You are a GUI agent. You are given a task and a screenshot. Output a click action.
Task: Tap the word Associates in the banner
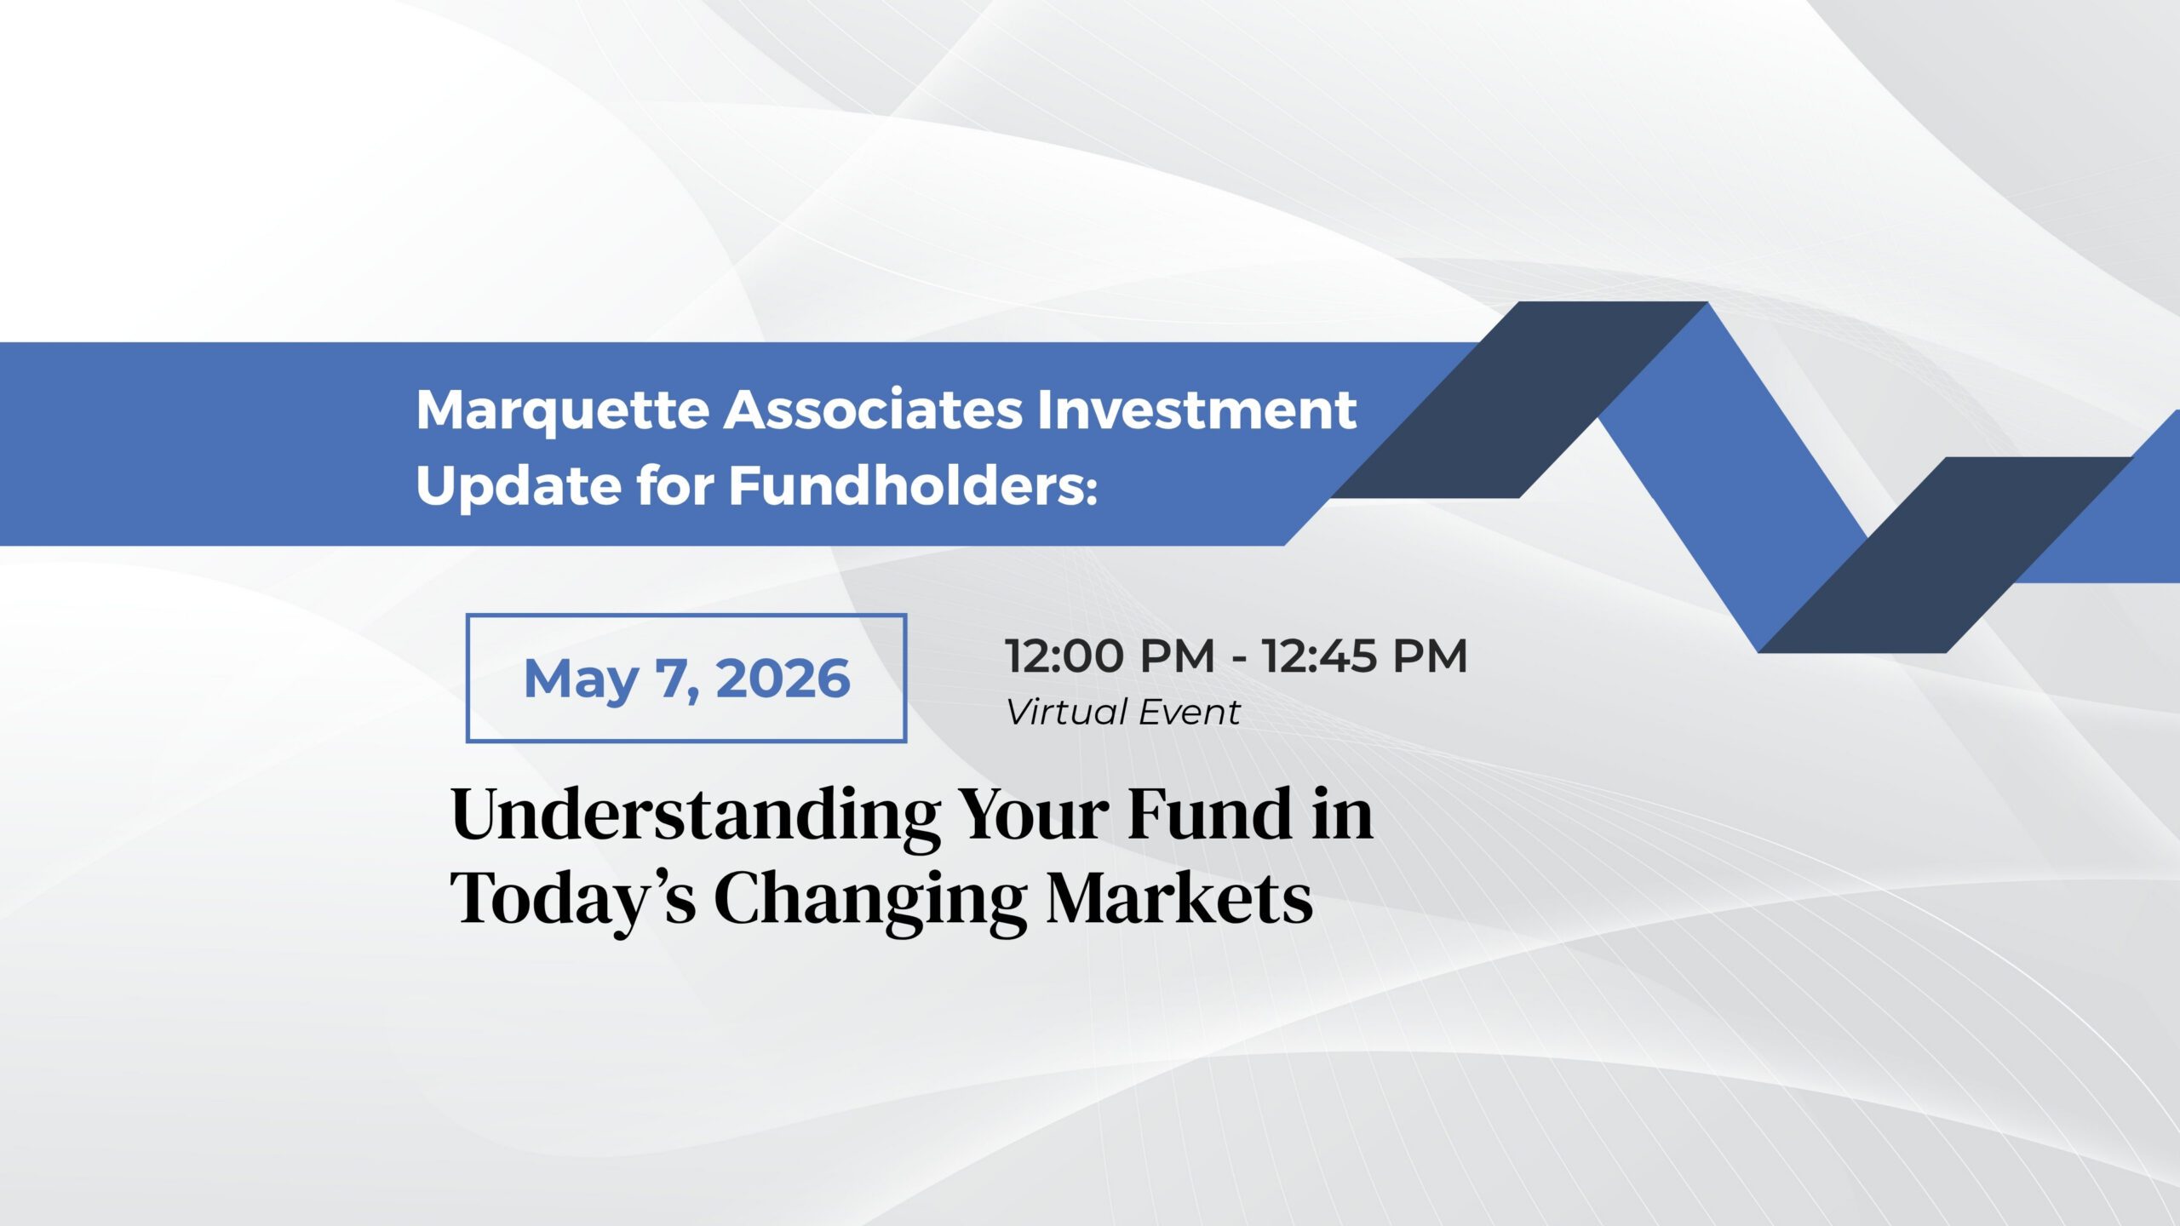point(874,410)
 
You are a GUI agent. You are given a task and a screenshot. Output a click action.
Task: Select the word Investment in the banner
point(1196,410)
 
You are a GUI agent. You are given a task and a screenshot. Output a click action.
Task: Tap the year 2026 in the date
point(783,679)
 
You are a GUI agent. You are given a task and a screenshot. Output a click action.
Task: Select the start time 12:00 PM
point(1110,656)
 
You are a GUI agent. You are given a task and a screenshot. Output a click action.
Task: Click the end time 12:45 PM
point(1365,656)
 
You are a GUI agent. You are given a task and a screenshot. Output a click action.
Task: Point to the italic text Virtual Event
point(1122,712)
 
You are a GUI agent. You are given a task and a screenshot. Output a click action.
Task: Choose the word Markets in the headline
point(1179,897)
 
